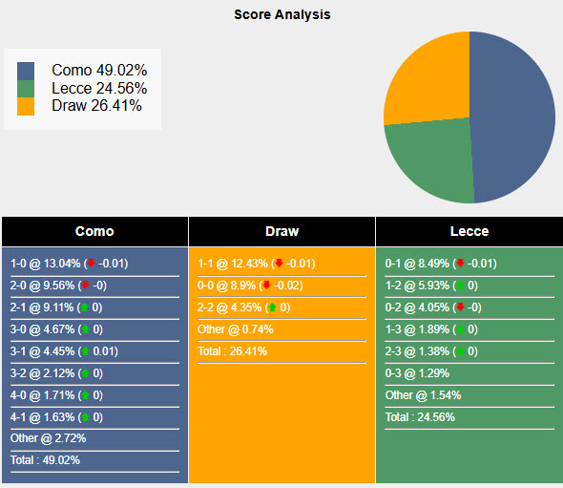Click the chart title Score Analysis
click(281, 15)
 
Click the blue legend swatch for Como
click(26, 71)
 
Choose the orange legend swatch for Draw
click(26, 106)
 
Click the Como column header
click(94, 231)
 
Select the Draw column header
click(281, 231)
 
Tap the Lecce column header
click(469, 231)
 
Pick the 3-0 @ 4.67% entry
click(43, 329)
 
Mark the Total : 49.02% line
click(46, 460)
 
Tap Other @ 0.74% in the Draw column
click(236, 329)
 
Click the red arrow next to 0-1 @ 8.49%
click(459, 264)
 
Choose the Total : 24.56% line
click(420, 416)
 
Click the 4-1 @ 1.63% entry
click(43, 416)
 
